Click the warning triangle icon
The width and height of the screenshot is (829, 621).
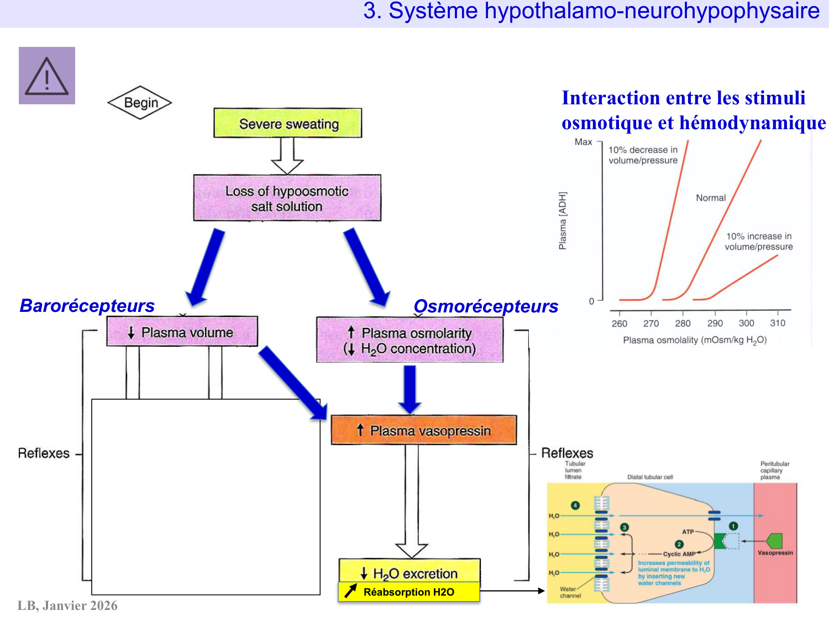pos(47,76)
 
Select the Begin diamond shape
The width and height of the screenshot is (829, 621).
pos(140,103)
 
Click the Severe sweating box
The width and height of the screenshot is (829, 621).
pos(288,123)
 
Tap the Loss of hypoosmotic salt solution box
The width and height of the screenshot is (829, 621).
pos(287,198)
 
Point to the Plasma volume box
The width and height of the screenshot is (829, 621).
pos(182,332)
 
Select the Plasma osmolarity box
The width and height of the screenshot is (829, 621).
pos(410,340)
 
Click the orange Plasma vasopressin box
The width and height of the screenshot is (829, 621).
pos(423,431)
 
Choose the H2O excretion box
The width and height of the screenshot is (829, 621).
pos(409,572)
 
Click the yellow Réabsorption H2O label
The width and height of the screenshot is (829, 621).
pos(408,592)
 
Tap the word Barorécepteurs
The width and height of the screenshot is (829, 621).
pos(87,305)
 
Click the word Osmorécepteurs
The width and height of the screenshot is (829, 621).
pos(486,306)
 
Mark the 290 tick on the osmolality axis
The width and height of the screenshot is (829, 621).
pos(715,323)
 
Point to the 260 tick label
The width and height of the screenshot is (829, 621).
pos(619,323)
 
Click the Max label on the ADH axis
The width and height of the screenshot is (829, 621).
pos(583,142)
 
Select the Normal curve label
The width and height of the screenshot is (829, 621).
pos(710,198)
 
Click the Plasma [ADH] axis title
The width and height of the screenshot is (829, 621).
pos(563,221)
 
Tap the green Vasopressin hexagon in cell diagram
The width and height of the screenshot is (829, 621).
pos(774,540)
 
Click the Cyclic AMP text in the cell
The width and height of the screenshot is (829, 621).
pos(679,554)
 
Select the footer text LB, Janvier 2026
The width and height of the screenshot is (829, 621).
pos(67,606)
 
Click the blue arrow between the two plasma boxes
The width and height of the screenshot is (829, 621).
pos(293,383)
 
